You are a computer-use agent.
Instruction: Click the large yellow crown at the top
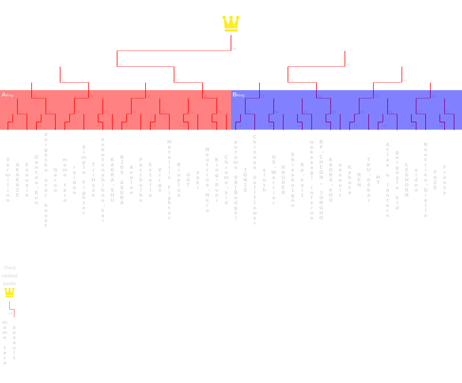231,24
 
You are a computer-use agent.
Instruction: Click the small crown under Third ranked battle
9,293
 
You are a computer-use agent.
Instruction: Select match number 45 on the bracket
120,65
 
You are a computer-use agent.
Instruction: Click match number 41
63,81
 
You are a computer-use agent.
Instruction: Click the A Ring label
8,95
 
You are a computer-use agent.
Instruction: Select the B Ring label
238,95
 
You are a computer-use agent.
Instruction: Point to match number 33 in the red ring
34,96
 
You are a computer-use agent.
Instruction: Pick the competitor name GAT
188,180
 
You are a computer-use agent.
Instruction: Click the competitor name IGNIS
245,180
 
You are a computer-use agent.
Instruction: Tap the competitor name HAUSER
283,180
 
